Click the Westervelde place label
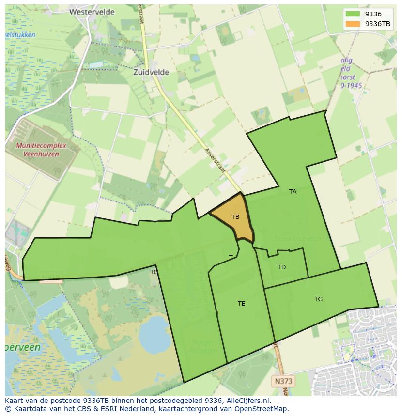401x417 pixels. pyautogui.click(x=92, y=12)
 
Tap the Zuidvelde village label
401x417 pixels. pyautogui.click(x=152, y=72)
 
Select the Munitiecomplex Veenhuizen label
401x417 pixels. pyautogui.click(x=37, y=150)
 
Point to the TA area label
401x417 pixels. pyautogui.click(x=293, y=192)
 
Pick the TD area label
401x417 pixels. pyautogui.click(x=281, y=267)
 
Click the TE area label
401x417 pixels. pyautogui.click(x=241, y=304)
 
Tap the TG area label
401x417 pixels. pyautogui.click(x=318, y=299)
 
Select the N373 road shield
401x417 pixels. pyautogui.click(x=283, y=381)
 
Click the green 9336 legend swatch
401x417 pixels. pyautogui.click(x=353, y=15)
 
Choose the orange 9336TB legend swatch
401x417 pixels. pyautogui.click(x=353, y=24)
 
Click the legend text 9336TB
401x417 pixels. pyautogui.click(x=378, y=24)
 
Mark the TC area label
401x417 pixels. pyautogui.click(x=154, y=272)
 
